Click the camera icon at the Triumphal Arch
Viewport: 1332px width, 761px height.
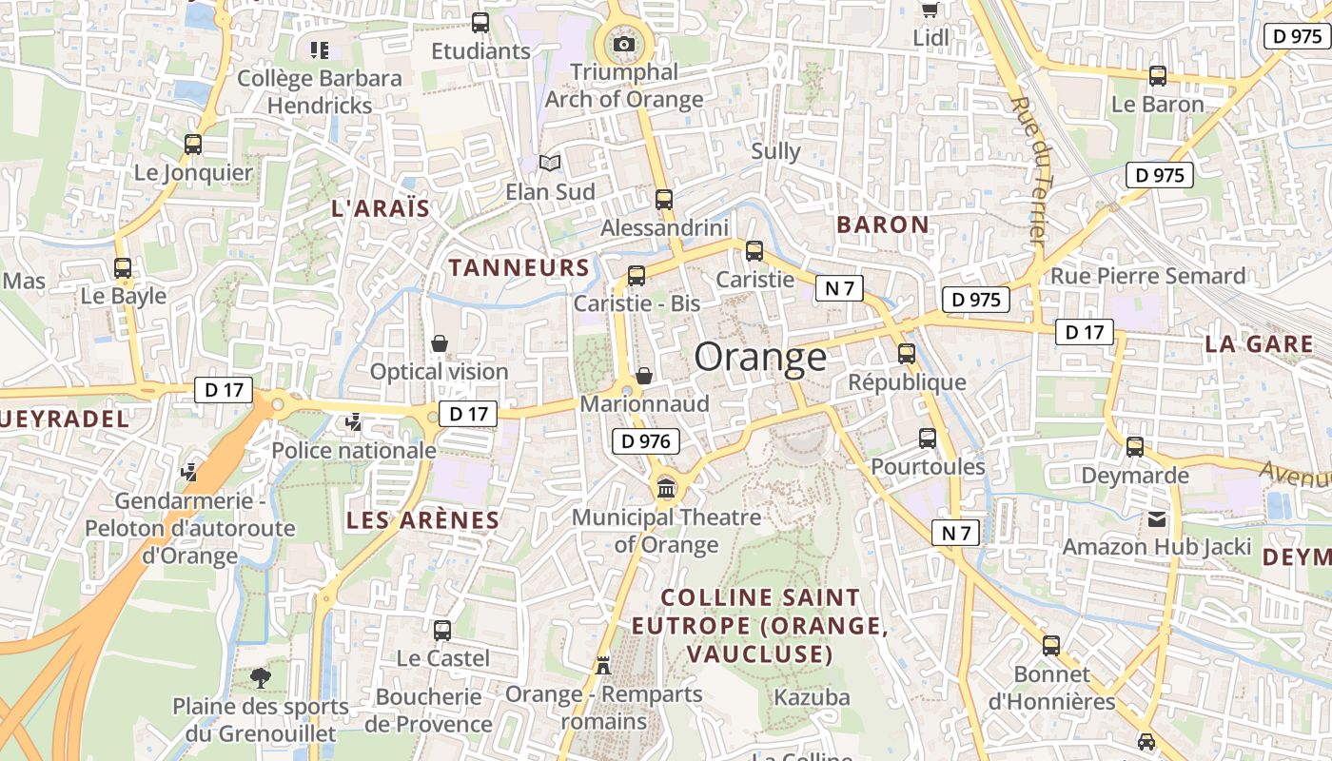coord(624,44)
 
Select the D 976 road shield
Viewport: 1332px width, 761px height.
coord(647,441)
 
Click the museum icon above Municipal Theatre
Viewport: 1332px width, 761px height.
coord(666,489)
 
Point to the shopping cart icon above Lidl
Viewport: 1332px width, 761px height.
coord(930,10)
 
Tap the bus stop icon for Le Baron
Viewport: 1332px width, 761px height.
coord(1158,75)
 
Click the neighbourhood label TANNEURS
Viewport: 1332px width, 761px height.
coord(519,267)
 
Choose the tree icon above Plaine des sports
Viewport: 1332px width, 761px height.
coord(260,678)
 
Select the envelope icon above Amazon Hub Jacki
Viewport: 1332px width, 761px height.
coord(1157,519)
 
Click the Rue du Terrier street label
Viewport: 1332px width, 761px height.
coord(1033,171)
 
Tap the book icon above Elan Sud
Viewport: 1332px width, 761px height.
coord(550,164)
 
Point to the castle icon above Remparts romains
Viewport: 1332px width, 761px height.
coord(603,665)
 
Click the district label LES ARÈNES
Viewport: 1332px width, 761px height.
coord(422,520)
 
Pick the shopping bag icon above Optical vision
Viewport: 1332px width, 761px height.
coord(440,342)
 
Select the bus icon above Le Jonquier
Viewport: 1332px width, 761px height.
coord(193,145)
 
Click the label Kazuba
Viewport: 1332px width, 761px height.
coord(812,697)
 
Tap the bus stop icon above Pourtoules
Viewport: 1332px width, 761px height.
coord(928,439)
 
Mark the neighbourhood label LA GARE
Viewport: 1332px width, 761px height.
coord(1259,343)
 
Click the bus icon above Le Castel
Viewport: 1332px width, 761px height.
coord(442,630)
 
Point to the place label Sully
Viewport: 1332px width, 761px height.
coord(775,151)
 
